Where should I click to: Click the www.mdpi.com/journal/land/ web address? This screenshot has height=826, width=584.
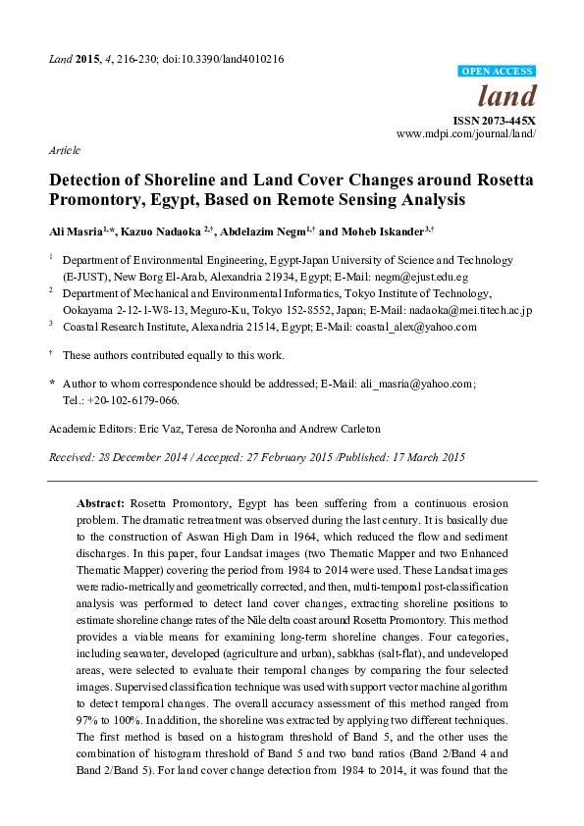465,131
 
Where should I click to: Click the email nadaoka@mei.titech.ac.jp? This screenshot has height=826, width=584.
470,310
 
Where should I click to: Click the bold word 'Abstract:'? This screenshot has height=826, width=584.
101,501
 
